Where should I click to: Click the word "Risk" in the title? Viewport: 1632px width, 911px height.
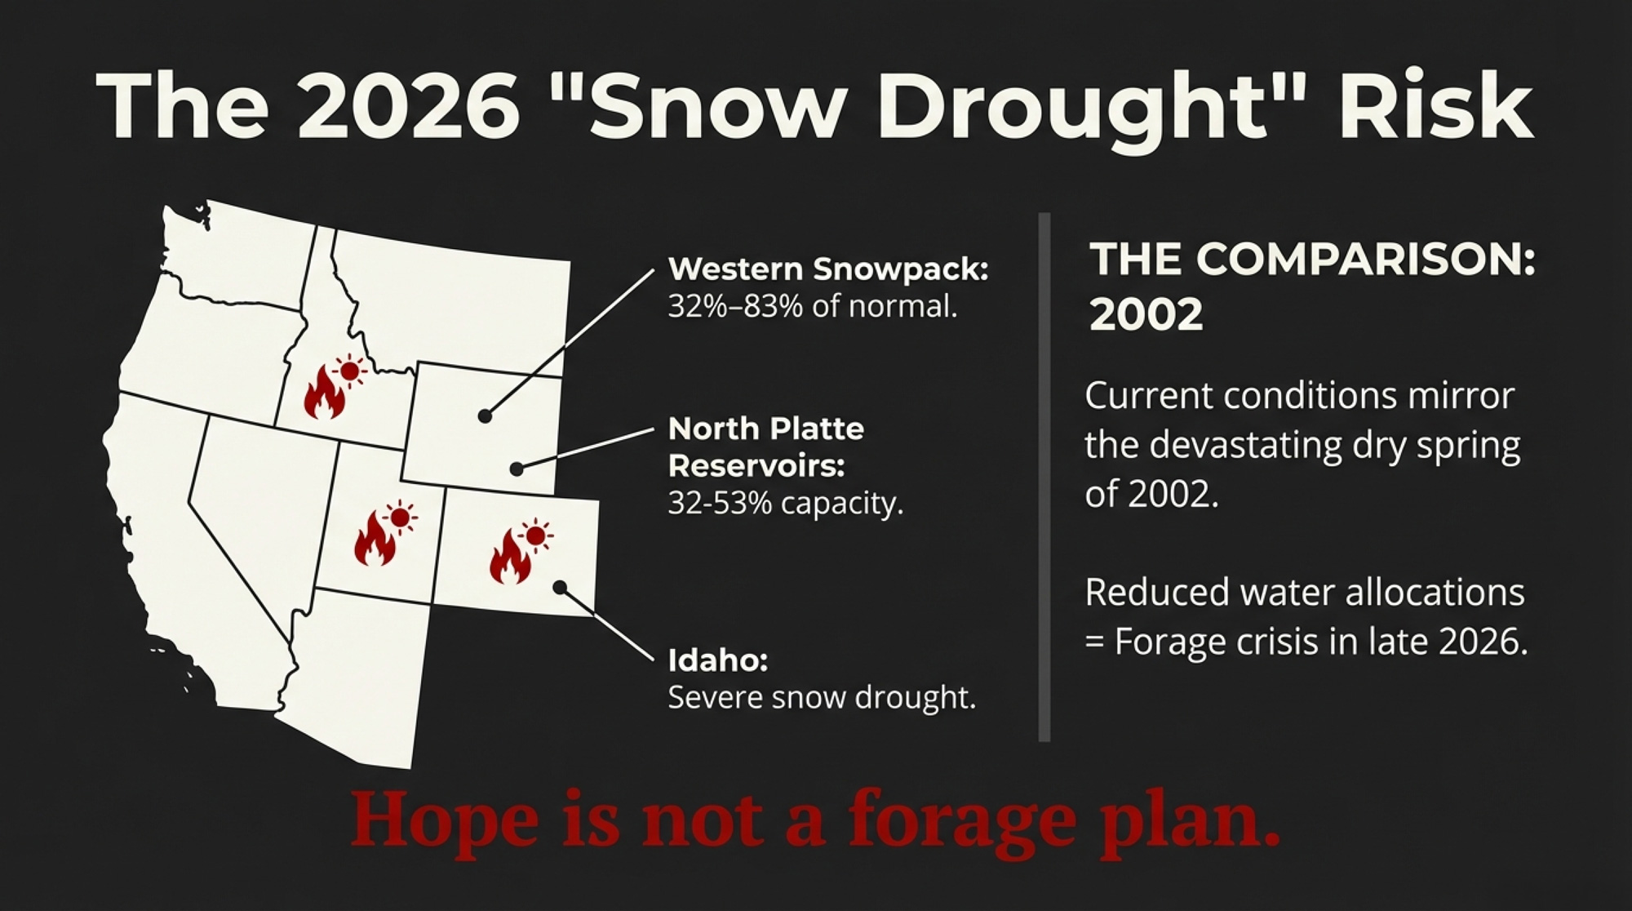point(1435,105)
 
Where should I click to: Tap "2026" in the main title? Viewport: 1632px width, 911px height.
point(408,105)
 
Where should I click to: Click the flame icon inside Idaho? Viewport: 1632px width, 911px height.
point(324,391)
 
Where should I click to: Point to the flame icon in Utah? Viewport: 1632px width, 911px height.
point(375,539)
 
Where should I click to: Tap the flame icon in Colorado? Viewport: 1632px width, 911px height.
point(510,556)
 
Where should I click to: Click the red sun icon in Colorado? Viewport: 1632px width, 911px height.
point(535,535)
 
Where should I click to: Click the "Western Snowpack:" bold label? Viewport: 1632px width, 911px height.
point(828,269)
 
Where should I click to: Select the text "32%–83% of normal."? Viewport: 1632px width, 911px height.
point(813,307)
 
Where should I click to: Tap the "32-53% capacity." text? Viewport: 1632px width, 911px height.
point(786,504)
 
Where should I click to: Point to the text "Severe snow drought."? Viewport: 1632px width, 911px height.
point(822,698)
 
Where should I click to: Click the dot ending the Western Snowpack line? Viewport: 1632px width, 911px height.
point(485,416)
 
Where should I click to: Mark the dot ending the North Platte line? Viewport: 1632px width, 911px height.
point(517,469)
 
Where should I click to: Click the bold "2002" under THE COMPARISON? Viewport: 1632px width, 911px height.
point(1146,314)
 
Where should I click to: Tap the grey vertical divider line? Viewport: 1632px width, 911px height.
point(1044,477)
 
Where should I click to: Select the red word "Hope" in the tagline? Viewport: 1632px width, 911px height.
point(445,820)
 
